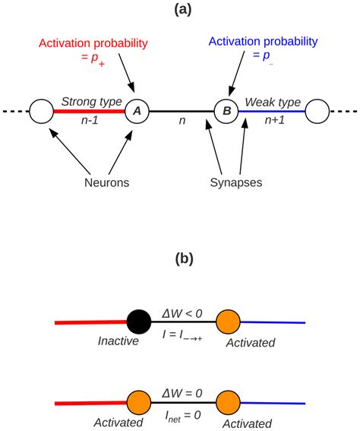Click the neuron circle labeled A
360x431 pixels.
pos(137,111)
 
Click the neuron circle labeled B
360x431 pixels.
pos(226,111)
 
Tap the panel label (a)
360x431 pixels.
pos(181,10)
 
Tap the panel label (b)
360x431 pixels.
pos(181,258)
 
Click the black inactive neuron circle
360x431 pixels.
pos(137,322)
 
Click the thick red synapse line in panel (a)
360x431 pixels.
pos(87,112)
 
